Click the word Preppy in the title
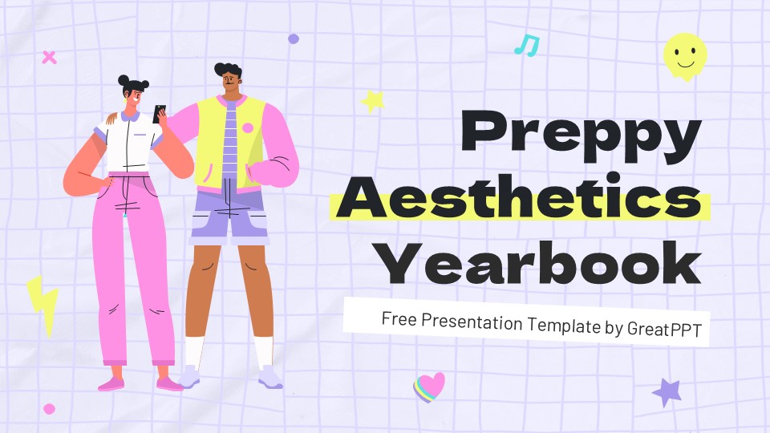581,136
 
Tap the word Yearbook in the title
541,263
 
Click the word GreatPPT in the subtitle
664,329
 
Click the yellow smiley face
685,56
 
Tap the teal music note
527,45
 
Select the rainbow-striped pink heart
429,386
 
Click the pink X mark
49,58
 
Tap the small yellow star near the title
373,101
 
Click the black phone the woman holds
159,114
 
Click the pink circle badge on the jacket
248,128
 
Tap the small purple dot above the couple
294,38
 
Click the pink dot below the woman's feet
49,408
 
